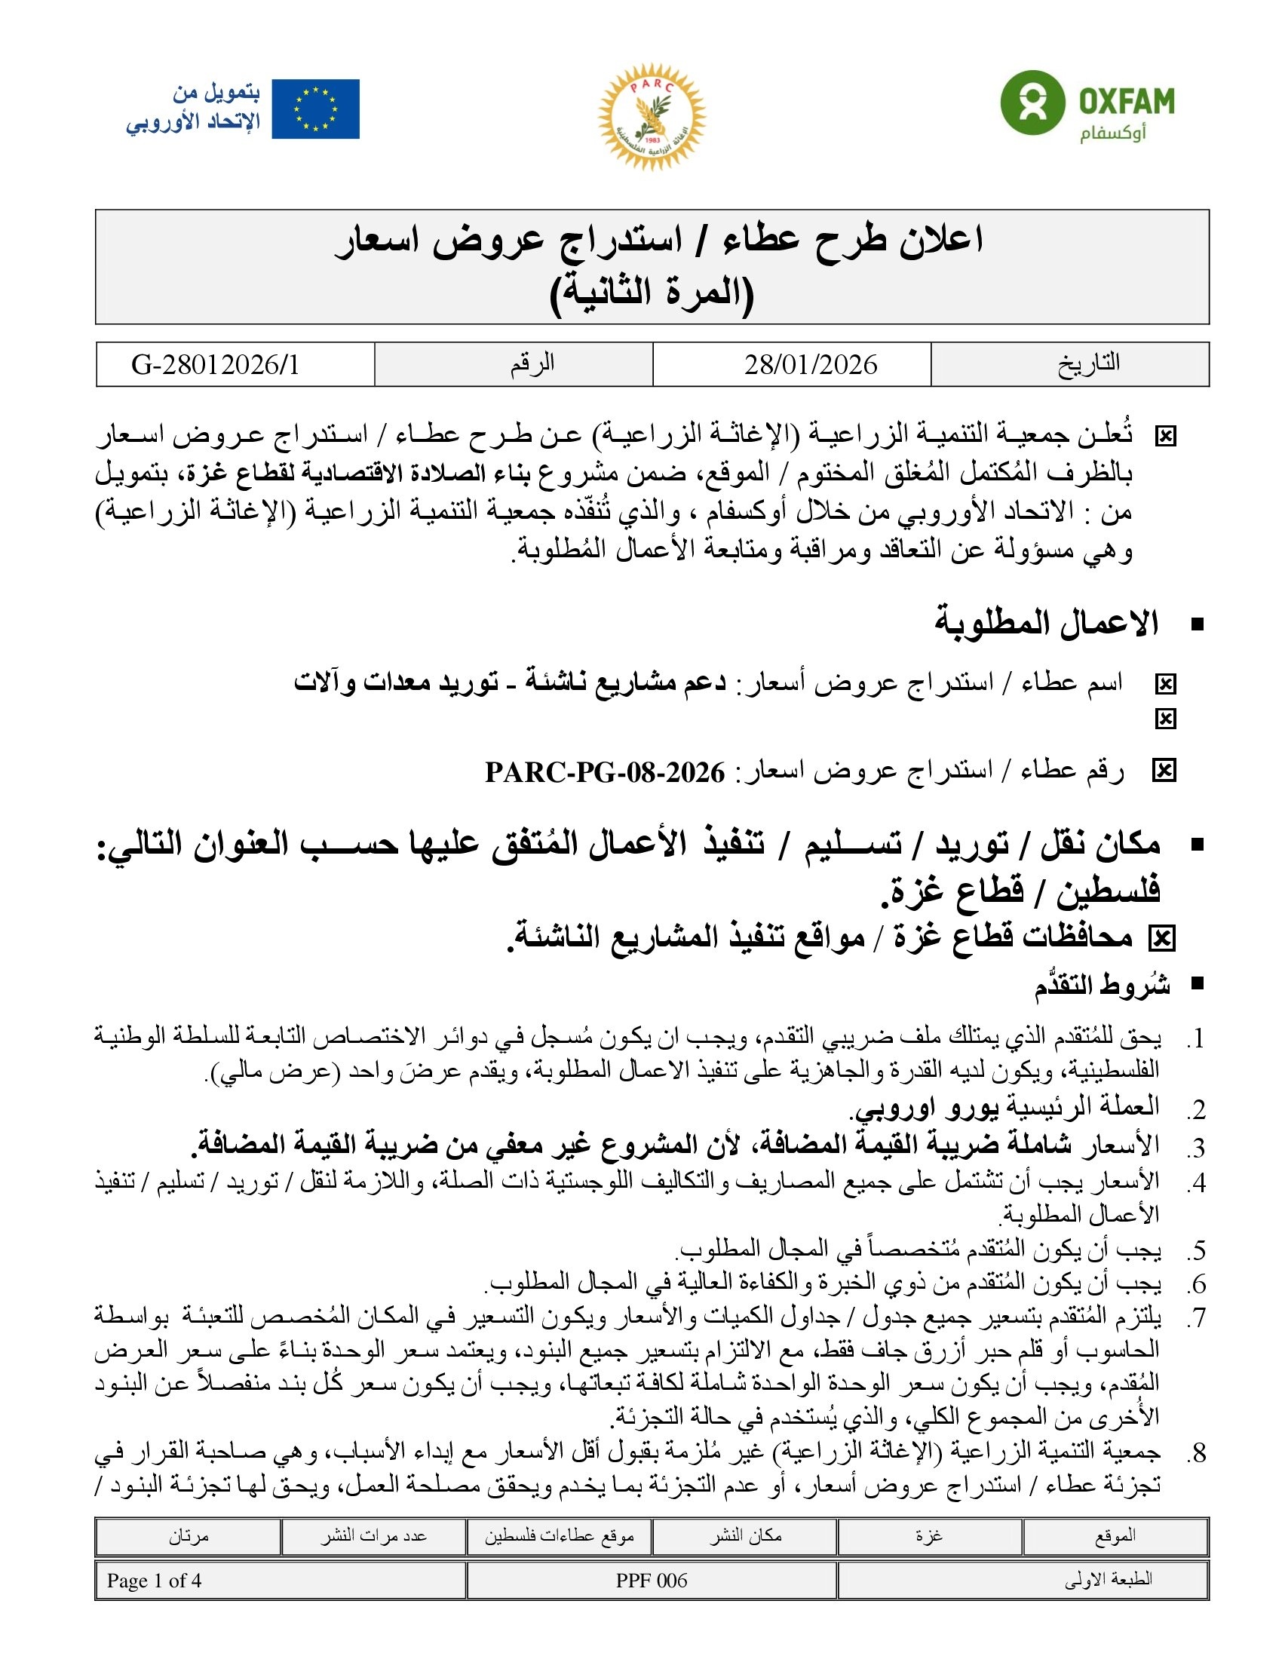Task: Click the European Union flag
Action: tap(315, 109)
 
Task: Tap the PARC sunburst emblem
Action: tap(652, 116)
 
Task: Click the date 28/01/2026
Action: tap(811, 365)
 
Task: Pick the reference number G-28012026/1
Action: tap(216, 365)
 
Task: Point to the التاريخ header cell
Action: tap(1088, 363)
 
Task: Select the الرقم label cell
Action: tap(532, 363)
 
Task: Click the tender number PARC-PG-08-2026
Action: tap(605, 772)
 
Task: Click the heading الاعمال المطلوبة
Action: tap(1046, 624)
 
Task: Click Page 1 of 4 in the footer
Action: tap(154, 1581)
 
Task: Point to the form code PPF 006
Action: tap(652, 1581)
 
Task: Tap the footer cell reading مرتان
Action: tap(189, 1536)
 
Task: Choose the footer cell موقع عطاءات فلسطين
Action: tap(560, 1536)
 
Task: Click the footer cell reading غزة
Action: tap(929, 1536)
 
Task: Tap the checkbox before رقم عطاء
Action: tap(1164, 771)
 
